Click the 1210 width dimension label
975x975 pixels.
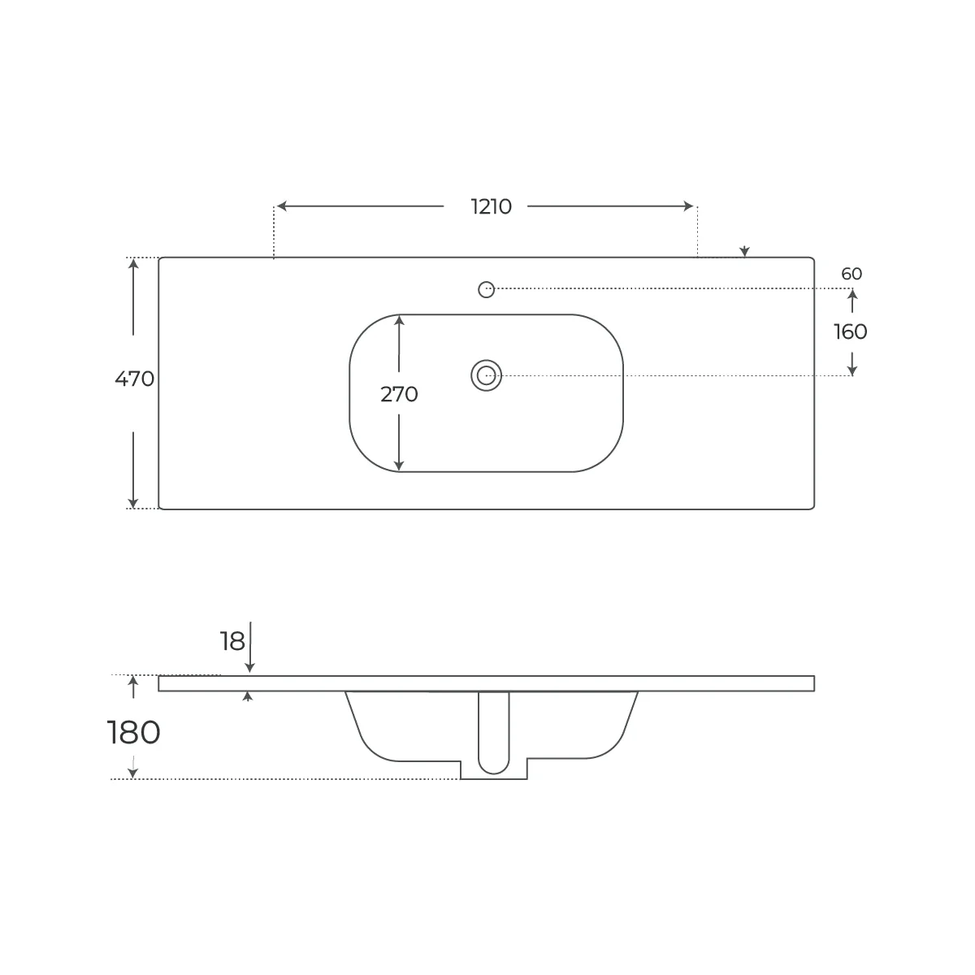pyautogui.click(x=491, y=206)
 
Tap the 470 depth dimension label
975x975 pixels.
pyautogui.click(x=134, y=379)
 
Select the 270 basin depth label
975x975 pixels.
pyautogui.click(x=399, y=394)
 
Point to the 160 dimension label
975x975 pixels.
pyautogui.click(x=850, y=332)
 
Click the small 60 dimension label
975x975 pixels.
pyautogui.click(x=851, y=274)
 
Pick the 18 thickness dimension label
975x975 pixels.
pyautogui.click(x=232, y=642)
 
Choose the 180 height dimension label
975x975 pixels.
pyautogui.click(x=133, y=732)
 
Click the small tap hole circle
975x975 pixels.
pyautogui.click(x=486, y=289)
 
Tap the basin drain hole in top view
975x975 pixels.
pyautogui.click(x=486, y=375)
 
